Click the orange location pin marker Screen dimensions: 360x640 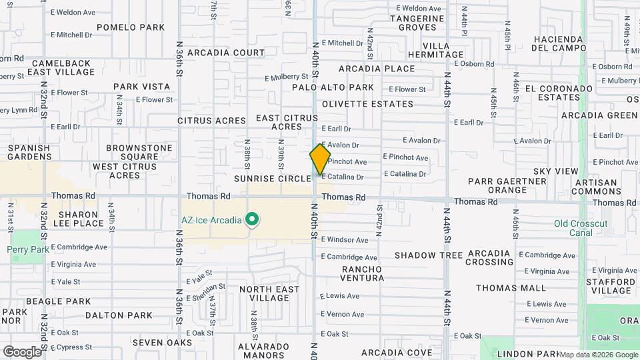(x=320, y=159)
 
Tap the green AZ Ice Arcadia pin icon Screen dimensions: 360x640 (x=252, y=219)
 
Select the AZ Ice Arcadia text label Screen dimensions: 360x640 (x=212, y=219)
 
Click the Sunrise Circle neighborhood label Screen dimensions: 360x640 (x=272, y=179)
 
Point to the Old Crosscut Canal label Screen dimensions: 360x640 (x=580, y=228)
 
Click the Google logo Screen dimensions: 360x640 (x=22, y=351)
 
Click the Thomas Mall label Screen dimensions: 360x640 (x=511, y=288)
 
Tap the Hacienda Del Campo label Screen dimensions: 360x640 (x=559, y=43)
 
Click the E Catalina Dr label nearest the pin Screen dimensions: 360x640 (x=342, y=177)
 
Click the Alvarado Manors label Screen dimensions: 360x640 (x=265, y=351)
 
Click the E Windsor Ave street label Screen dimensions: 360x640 (x=344, y=240)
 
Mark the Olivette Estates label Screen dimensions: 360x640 (x=367, y=104)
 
